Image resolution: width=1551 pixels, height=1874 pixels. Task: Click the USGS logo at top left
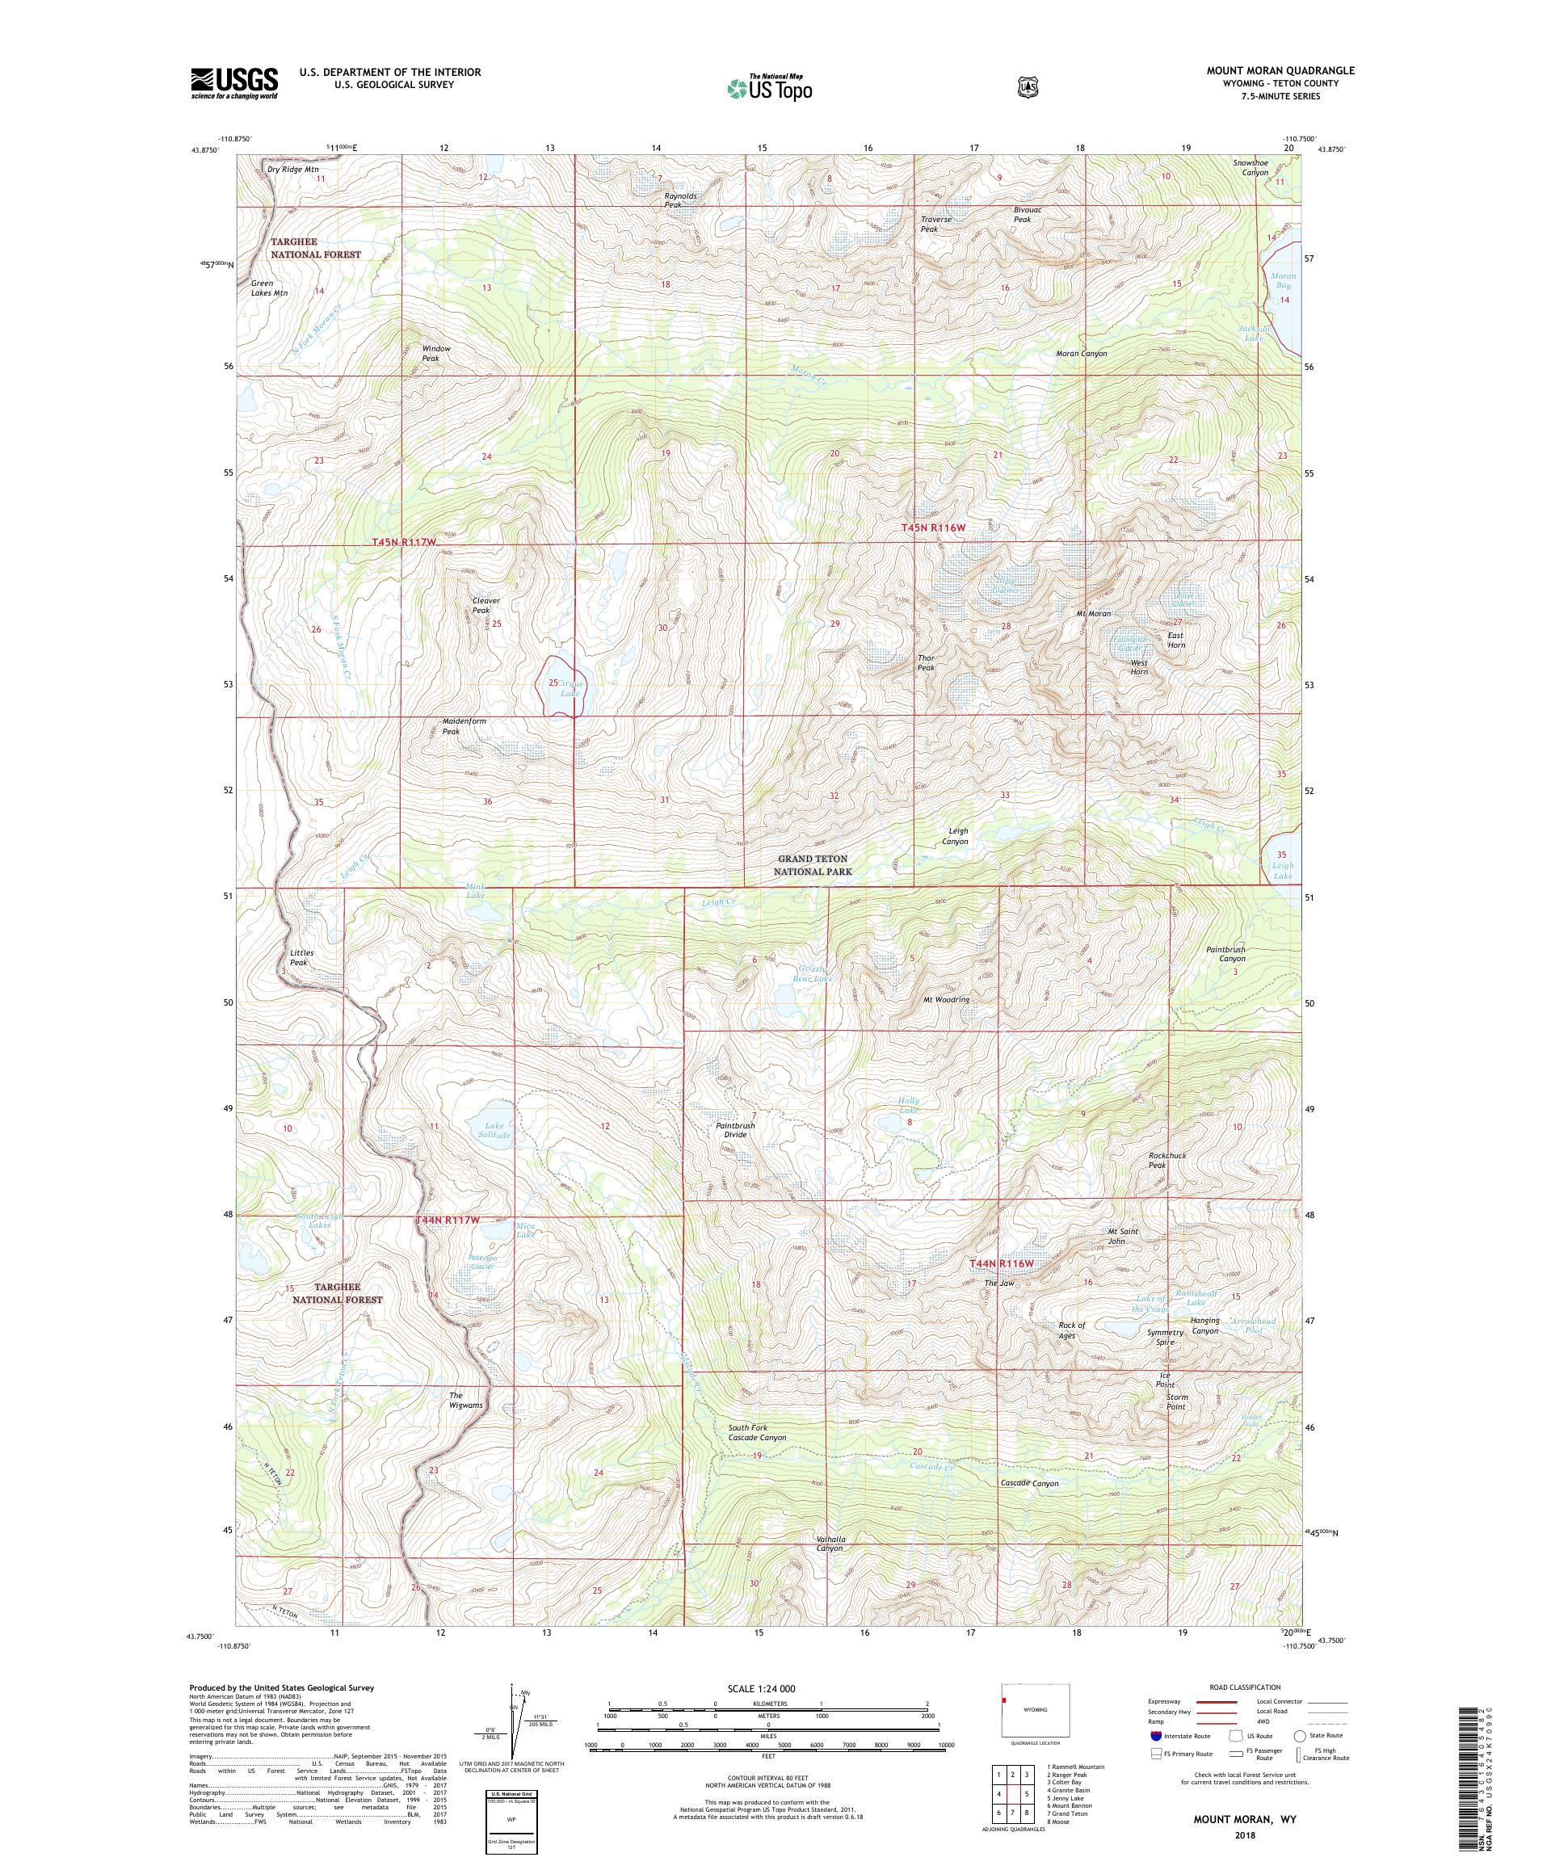click(233, 84)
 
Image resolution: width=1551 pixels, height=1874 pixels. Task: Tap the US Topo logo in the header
click(768, 87)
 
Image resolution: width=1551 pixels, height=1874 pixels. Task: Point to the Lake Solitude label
click(494, 1131)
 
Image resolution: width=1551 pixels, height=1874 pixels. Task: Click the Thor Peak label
click(927, 663)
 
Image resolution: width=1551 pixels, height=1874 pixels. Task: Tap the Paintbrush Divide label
click(735, 1130)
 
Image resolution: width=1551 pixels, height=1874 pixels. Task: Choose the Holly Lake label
click(909, 1106)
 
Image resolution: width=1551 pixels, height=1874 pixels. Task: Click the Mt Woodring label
click(946, 999)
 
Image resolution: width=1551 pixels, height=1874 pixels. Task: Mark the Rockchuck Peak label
click(1166, 1160)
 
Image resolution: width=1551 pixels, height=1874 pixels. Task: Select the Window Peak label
click(435, 353)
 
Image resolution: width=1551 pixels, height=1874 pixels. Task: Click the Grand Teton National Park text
click(812, 865)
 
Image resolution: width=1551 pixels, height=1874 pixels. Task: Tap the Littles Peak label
click(301, 957)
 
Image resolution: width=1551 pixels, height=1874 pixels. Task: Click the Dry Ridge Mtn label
click(292, 169)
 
